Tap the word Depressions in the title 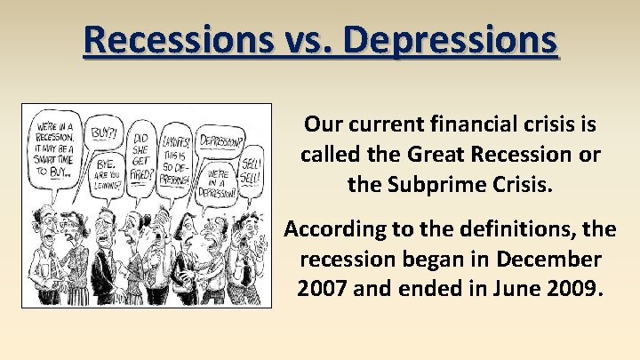(451, 41)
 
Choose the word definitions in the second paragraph (508, 229)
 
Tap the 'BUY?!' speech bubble (105, 133)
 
